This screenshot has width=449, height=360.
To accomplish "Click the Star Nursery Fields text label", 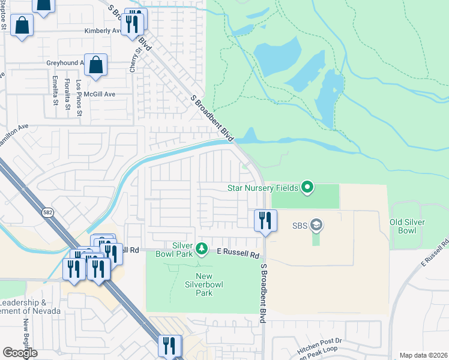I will tap(262, 188).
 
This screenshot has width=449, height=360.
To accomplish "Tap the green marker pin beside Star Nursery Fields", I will tap(307, 188).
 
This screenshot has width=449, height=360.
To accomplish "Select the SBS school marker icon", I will tap(316, 226).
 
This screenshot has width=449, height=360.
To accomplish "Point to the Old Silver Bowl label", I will tap(407, 226).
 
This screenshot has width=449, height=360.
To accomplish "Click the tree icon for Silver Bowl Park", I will tap(202, 248).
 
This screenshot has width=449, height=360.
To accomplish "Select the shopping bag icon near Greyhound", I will tap(95, 65).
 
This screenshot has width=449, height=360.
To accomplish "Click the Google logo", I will tap(20, 353).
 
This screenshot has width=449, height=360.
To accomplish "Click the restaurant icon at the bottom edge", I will tap(169, 346).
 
